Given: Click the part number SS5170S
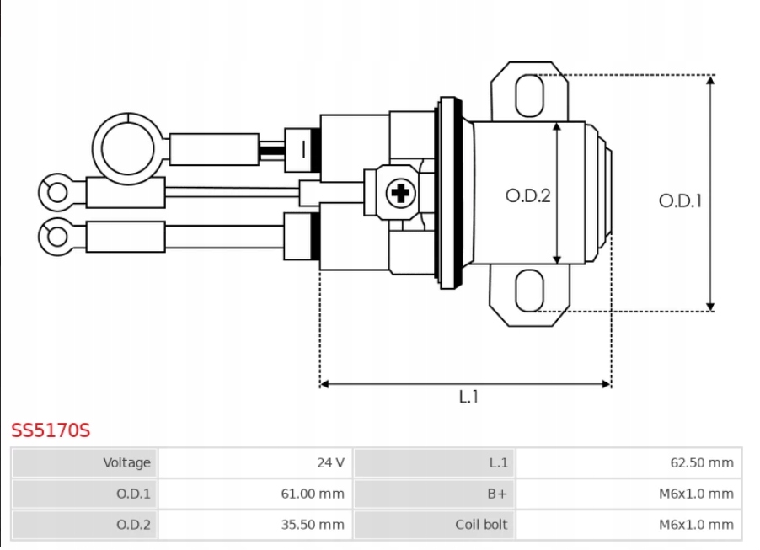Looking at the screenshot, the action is pyautogui.click(x=51, y=430).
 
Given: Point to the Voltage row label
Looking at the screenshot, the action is pyautogui.click(x=126, y=462).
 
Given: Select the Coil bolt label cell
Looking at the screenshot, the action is pyautogui.click(x=481, y=524).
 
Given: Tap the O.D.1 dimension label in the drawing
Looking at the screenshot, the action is pyautogui.click(x=680, y=201).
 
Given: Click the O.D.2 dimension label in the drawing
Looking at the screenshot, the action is pyautogui.click(x=527, y=195).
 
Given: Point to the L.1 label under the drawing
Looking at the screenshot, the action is pyautogui.click(x=468, y=397).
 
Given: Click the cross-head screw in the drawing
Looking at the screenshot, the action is pyautogui.click(x=401, y=195).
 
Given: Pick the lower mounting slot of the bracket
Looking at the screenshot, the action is pyautogui.click(x=529, y=291).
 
